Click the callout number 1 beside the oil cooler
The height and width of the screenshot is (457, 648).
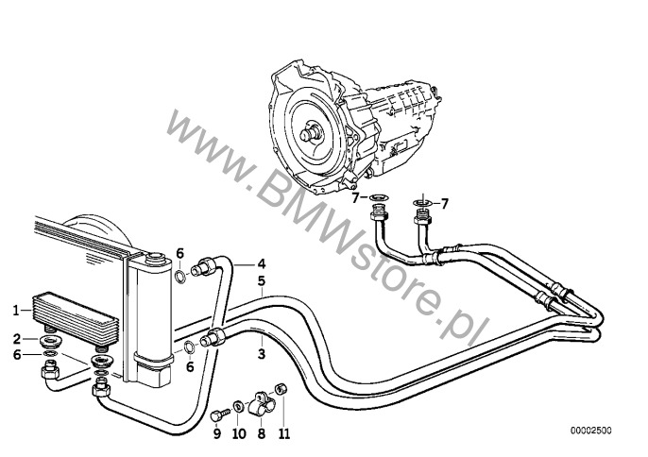17,310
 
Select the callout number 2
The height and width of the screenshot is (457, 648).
17,339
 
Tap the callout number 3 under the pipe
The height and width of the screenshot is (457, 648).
261,354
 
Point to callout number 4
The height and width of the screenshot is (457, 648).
261,263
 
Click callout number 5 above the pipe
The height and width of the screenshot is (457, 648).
261,281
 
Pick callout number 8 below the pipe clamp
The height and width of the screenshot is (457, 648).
261,433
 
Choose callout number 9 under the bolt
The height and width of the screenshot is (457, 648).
217,433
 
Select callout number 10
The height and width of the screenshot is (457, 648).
239,433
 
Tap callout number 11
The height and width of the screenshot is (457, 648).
284,433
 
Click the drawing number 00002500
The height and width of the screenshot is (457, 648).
591,431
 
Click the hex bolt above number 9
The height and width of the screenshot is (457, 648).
218,415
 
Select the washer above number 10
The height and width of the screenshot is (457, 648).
238,407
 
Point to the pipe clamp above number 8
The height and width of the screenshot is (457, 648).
260,402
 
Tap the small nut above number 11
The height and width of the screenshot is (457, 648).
281,389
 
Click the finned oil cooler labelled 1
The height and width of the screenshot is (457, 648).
75,316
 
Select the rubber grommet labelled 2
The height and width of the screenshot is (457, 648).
52,342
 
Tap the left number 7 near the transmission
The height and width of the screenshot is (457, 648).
356,198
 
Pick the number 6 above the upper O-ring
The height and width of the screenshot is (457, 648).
180,253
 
